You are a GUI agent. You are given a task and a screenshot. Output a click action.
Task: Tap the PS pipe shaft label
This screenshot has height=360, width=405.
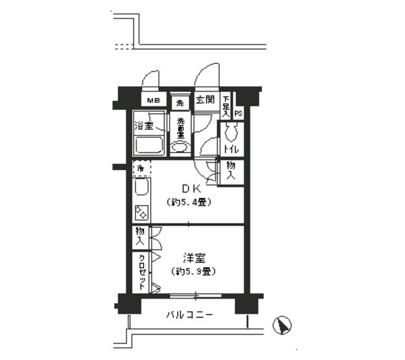click(239, 113)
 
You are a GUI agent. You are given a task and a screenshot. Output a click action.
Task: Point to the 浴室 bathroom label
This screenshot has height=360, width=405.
click(144, 125)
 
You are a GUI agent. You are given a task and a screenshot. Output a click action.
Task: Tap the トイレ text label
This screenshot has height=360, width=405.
click(230, 150)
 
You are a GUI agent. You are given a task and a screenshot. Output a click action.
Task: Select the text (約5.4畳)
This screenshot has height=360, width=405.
click(189, 202)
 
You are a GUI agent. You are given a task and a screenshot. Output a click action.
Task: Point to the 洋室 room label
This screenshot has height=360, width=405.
click(194, 258)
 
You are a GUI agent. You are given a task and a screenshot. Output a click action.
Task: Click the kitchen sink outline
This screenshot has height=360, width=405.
click(141, 189)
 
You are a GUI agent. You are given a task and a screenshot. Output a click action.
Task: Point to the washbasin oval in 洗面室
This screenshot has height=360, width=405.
click(180, 147)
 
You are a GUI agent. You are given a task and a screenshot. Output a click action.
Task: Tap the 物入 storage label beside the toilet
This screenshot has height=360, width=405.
click(230, 171)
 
